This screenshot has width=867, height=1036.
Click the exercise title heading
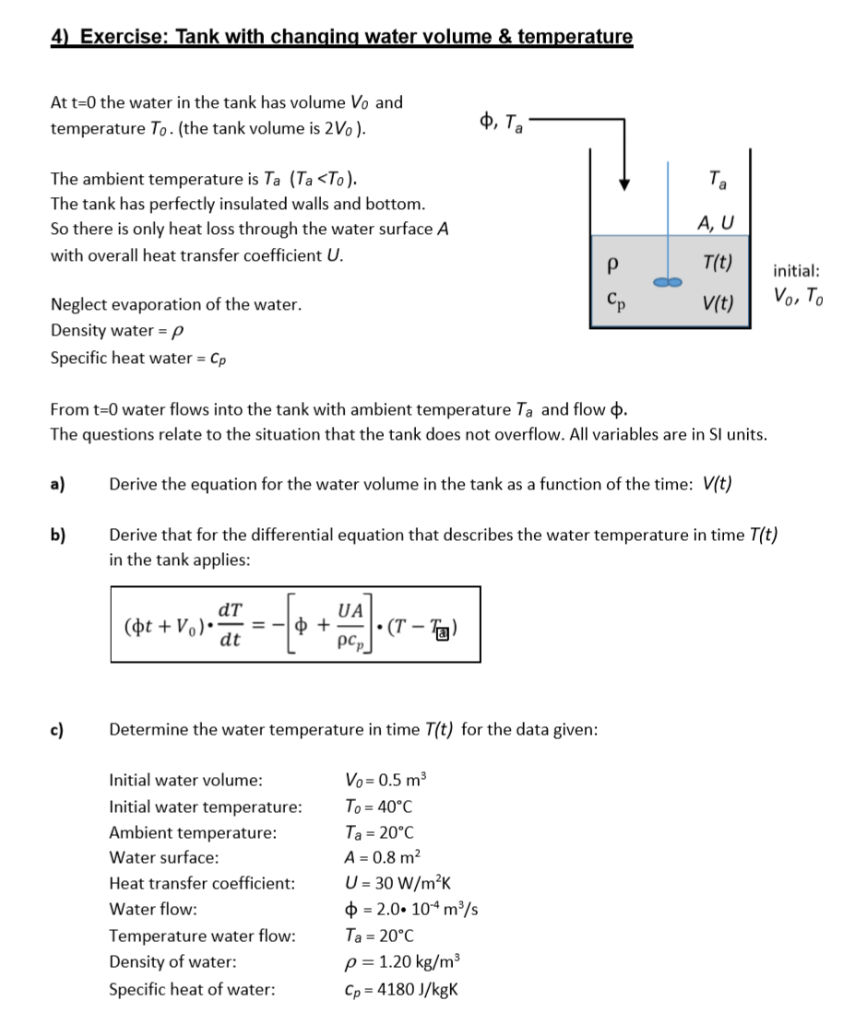(342, 37)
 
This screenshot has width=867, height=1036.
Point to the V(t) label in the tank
(717, 301)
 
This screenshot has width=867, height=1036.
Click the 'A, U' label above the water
(716, 221)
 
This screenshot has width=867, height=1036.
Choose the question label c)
(58, 729)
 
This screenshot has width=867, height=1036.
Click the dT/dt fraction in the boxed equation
(231, 624)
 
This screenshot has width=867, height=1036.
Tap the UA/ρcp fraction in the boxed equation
(350, 624)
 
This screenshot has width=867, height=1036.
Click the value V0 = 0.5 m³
(386, 780)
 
